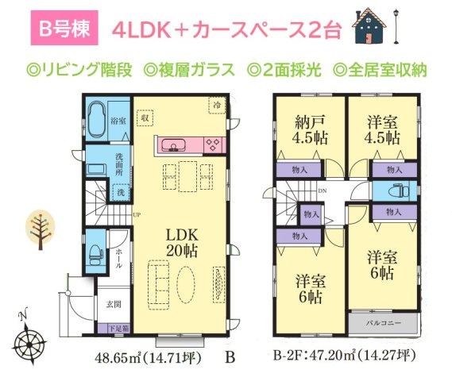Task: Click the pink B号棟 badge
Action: point(68,29)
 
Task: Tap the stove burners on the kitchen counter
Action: point(213,145)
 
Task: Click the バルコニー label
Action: point(382,325)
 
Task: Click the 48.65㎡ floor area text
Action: point(126,358)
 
